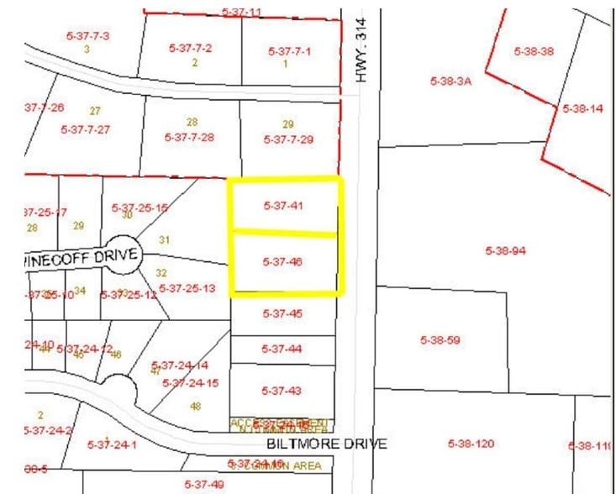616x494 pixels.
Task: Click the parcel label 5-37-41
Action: coord(282,205)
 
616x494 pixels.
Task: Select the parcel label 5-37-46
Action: coord(282,262)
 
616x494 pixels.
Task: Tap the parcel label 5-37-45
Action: coord(282,314)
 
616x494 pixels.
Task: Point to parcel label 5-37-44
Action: coord(282,349)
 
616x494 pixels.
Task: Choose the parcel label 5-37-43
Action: coord(282,391)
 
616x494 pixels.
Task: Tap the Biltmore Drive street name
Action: coord(328,443)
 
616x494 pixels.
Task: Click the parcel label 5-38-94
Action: coord(506,250)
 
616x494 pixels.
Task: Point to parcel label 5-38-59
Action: coord(440,340)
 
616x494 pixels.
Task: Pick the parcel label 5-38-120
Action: coord(471,443)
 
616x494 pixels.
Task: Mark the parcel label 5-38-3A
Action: coord(451,81)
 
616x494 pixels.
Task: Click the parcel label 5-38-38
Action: coord(534,51)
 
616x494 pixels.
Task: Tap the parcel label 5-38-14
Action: coord(582,109)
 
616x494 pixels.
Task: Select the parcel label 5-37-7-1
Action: coord(290,51)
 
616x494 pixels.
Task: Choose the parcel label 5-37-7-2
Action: coord(190,48)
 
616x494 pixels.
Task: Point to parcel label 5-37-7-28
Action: coord(190,137)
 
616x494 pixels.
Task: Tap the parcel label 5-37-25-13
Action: coord(187,288)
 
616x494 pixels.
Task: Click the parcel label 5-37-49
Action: coord(204,484)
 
